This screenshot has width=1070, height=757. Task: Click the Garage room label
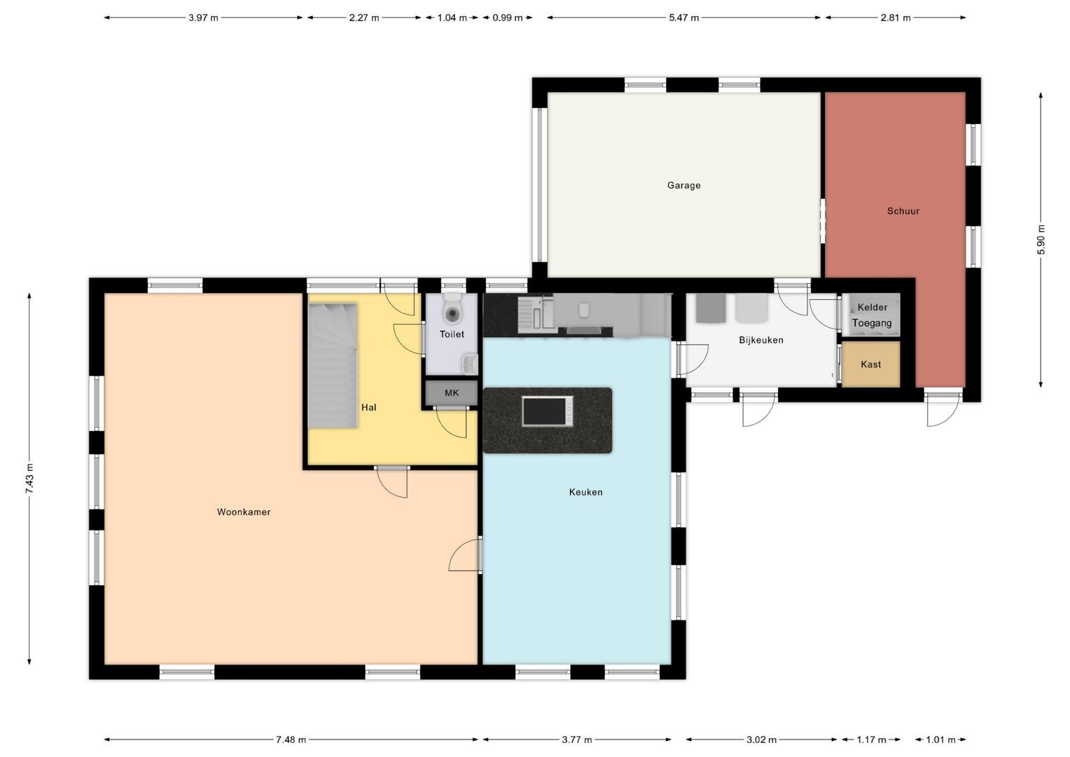click(683, 186)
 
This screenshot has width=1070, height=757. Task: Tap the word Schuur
click(903, 211)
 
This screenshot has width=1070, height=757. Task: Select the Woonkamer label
click(244, 512)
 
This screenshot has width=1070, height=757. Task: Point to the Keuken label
click(585, 492)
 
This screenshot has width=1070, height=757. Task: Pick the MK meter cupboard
click(452, 393)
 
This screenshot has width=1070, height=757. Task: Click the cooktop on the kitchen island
click(548, 411)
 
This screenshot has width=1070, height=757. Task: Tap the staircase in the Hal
click(333, 365)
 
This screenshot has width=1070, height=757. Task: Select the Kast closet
click(871, 364)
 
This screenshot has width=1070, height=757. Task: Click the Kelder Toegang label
click(873, 315)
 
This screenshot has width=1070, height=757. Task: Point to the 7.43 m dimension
click(29, 479)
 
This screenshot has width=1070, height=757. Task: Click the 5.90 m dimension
click(1042, 240)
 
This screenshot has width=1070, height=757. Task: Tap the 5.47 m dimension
click(683, 18)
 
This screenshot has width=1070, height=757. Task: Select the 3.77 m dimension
click(576, 739)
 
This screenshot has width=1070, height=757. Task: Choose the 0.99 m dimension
click(508, 18)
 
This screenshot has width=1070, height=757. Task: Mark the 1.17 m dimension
click(871, 739)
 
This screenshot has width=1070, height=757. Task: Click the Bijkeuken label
click(761, 340)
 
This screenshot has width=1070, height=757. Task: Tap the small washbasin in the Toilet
click(471, 364)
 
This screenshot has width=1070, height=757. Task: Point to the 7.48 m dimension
click(291, 739)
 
